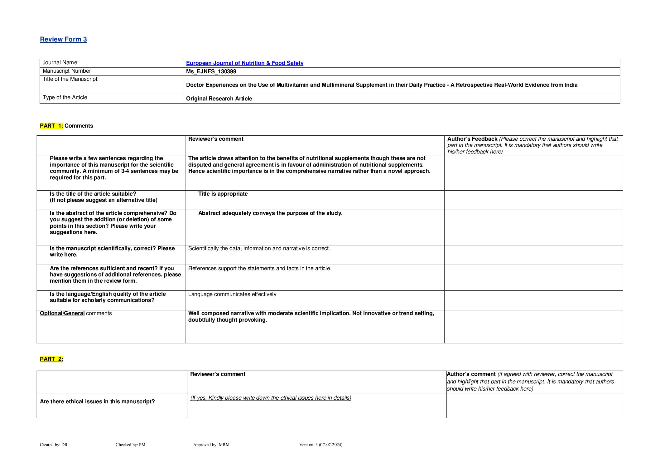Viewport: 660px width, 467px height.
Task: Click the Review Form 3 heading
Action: pos(63,39)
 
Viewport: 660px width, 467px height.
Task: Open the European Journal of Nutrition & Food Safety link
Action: pos(244,63)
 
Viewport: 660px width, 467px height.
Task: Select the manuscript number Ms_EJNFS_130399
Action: pos(211,71)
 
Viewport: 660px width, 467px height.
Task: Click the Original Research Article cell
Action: pos(219,99)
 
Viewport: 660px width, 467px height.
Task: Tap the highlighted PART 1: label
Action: pos(51,126)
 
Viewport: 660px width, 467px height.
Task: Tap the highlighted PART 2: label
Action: pos(51,359)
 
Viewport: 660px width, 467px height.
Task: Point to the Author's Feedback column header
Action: pos(472,139)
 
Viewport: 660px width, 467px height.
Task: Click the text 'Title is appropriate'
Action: pos(223,194)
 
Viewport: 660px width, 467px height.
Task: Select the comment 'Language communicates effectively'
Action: pos(232,294)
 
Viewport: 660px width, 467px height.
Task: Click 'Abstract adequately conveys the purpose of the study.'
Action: pos(270,213)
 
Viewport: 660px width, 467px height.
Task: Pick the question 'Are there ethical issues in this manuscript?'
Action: pos(97,401)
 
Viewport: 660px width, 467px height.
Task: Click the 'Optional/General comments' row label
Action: pos(76,313)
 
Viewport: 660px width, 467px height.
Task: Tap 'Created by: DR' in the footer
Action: pos(54,445)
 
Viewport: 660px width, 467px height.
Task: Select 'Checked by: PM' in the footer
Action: pos(130,445)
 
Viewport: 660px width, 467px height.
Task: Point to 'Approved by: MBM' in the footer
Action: pos(211,445)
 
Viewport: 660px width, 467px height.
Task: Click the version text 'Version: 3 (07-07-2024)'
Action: pos(321,445)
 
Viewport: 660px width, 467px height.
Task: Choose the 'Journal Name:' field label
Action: pos(60,63)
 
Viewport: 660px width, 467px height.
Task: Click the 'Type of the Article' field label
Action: pos(65,97)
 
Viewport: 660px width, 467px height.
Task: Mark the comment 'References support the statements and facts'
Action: pos(260,268)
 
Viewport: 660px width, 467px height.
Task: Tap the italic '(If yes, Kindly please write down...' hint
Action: pos(271,398)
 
